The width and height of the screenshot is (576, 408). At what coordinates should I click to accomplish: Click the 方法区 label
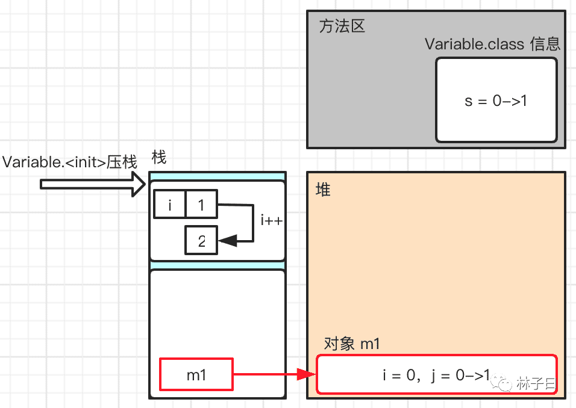click(342, 27)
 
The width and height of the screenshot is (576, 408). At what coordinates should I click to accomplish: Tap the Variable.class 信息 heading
click(492, 45)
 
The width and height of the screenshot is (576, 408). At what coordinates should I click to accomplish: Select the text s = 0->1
click(496, 101)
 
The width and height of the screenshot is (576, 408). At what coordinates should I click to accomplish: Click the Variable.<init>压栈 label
click(70, 162)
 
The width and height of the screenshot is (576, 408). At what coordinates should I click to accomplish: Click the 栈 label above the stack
click(158, 158)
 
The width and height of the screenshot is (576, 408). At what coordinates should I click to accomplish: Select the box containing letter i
click(170, 205)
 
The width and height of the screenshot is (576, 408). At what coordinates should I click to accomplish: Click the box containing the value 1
click(201, 205)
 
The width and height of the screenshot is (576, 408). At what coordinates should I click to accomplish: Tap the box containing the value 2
click(201, 241)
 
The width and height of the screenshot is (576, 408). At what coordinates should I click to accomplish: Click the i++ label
click(272, 220)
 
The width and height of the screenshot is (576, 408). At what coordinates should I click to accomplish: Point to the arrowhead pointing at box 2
click(227, 241)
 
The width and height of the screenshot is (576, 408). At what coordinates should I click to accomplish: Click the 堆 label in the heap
click(323, 190)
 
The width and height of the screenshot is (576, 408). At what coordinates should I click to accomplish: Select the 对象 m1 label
click(352, 344)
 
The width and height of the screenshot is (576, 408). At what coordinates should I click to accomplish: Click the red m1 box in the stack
click(196, 374)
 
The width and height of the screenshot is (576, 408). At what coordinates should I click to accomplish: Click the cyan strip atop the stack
click(217, 176)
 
